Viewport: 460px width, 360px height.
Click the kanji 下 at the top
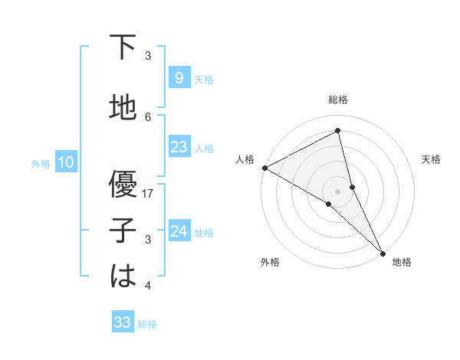pos(123,48)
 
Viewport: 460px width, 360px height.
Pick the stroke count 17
pos(149,194)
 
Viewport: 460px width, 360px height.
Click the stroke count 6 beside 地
pos(149,116)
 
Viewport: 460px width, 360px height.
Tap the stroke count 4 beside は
pos(149,286)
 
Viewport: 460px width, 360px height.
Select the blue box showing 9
pos(179,77)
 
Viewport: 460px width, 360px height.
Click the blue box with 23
pos(179,147)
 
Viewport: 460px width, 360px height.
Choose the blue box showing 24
pos(179,231)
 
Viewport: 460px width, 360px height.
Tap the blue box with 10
pos(66,162)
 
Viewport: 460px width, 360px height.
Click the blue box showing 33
pos(123,322)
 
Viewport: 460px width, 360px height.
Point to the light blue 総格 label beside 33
pos(147,324)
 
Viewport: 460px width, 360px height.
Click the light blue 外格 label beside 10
pos(40,163)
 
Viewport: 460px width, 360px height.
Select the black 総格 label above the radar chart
pos(337,100)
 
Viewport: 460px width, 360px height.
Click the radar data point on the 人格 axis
pos(264,167)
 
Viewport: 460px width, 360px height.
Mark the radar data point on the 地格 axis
pos(382,251)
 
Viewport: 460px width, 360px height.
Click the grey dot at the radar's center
pos(337,191)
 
